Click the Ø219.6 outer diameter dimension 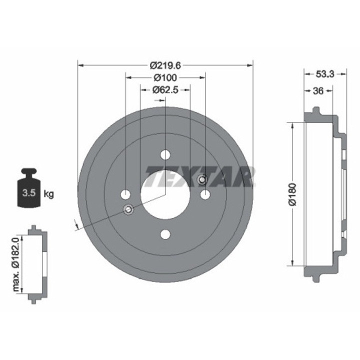click(165, 65)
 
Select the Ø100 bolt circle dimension click(165, 77)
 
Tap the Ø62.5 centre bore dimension click(165, 90)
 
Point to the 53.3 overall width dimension click(325, 73)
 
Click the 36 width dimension click(318, 90)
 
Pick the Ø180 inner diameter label click(293, 195)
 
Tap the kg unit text click(48, 193)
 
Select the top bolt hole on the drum click(165, 155)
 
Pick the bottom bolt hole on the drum click(165, 234)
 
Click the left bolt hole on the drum click(126, 194)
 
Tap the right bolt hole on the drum click(205, 194)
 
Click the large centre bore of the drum click(165, 194)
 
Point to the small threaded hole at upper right click(202, 180)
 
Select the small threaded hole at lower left click(128, 209)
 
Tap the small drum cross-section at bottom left click(34, 264)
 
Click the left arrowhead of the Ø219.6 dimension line click(80, 65)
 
